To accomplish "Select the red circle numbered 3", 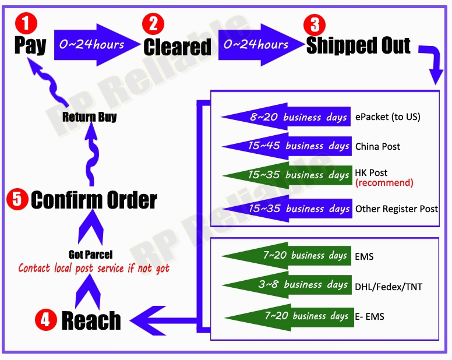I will (315, 24).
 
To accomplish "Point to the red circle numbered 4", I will (45, 319).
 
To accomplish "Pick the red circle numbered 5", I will (17, 200).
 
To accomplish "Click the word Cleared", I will (177, 47).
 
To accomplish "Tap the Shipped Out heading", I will (358, 45).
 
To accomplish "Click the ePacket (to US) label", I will (387, 117).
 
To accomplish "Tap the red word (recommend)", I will (384, 183).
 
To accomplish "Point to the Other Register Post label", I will (397, 209).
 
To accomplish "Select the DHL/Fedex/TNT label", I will (389, 286).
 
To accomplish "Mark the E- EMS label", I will (369, 317).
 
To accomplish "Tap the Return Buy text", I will (90, 117).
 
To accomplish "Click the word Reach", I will (91, 320).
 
